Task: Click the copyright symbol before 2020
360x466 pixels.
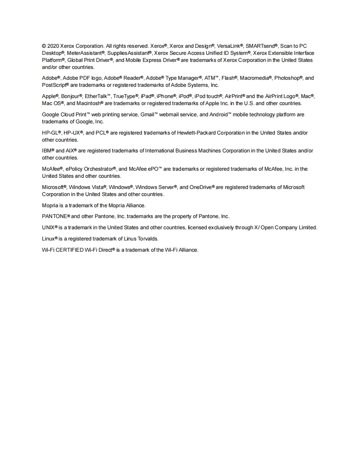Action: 44,46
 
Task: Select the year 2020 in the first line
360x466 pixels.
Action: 53,46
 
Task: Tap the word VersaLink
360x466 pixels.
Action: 228,46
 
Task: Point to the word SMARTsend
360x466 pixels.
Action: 260,46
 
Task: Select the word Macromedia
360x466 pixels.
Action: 256,78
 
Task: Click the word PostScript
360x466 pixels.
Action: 53,85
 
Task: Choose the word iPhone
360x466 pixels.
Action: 165,96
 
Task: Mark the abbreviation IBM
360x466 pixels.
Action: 47,151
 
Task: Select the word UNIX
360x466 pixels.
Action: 48,228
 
